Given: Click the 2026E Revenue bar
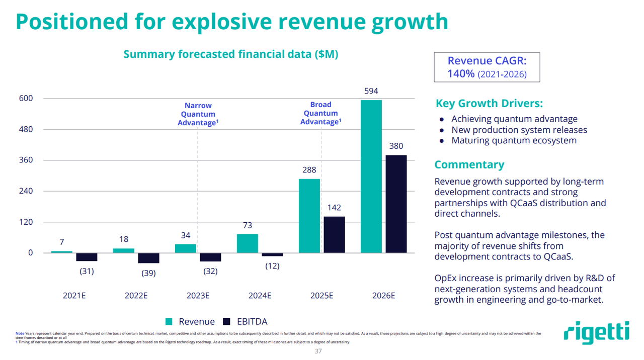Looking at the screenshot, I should click(371, 176).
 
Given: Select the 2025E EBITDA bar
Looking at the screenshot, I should click(334, 234).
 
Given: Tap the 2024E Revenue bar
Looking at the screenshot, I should click(247, 243).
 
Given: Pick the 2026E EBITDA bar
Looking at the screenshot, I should click(396, 204).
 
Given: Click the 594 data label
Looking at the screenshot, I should click(371, 91).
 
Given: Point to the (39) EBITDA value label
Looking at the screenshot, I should click(148, 273).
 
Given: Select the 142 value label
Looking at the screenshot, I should click(334, 208).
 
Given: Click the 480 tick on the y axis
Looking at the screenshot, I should click(26, 129).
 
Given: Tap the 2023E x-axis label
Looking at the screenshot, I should click(198, 296).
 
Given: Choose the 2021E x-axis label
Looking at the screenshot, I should click(74, 296).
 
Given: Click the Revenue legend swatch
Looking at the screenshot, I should click(170, 322).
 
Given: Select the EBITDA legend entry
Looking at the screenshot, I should click(245, 322).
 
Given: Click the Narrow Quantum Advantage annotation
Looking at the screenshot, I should click(198, 114).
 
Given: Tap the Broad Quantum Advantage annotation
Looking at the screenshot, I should click(320, 113).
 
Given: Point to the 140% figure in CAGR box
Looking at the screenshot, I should click(461, 74).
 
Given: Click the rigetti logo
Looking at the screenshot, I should click(596, 333).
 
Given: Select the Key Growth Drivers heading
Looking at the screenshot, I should click(489, 104).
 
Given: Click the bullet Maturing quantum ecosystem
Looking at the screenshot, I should click(514, 140).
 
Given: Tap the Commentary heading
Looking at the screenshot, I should click(469, 164).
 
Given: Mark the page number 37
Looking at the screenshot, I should click(317, 351).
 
